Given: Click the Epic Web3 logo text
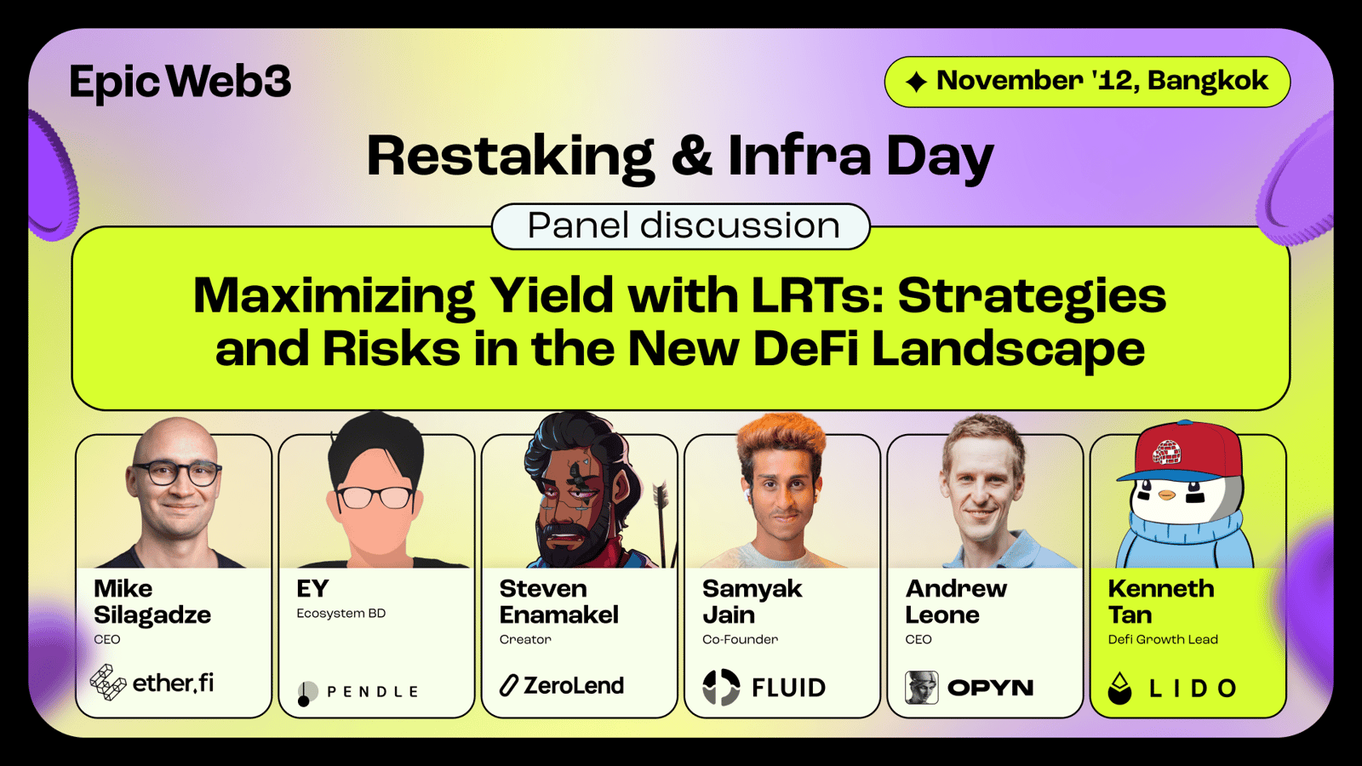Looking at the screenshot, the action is point(180,83).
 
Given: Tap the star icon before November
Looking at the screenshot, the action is point(916,82).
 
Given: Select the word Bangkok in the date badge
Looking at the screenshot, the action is point(1208,80).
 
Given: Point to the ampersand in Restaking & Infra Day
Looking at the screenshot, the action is point(692,156).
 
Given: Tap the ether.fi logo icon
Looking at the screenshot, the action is point(107,682).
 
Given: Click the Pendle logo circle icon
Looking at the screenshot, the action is point(307,693).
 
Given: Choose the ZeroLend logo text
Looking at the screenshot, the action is point(574,686).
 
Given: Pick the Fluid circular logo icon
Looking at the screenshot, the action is point(721,687).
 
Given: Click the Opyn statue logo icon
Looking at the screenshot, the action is point(921,688).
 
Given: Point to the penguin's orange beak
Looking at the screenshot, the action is point(1167,495).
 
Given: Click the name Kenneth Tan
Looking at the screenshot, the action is point(1161,602).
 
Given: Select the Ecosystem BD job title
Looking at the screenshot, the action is point(341,614).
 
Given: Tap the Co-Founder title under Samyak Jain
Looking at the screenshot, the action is point(740,639).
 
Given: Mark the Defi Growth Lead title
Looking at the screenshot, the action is point(1163,639).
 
